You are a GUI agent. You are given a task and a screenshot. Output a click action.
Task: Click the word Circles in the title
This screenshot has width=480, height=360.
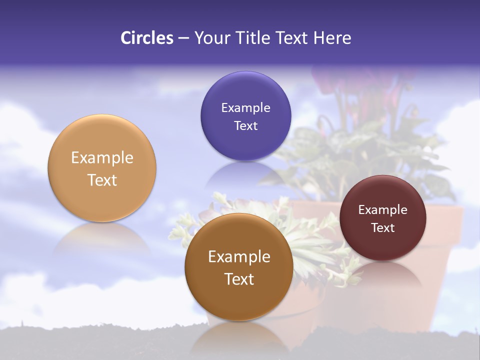point(146,38)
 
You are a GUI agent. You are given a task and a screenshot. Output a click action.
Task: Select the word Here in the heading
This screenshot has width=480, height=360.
point(332,38)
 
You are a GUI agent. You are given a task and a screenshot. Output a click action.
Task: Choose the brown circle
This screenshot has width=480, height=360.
point(239,300)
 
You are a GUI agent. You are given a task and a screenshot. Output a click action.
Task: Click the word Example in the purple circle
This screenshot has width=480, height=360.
point(245,108)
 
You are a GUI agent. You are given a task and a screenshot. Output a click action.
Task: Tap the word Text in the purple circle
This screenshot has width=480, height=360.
point(245,125)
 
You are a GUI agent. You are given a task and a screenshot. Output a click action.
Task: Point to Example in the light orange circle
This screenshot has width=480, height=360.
point(102,158)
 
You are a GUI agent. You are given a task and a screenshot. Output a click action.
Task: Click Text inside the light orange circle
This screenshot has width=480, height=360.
point(102,180)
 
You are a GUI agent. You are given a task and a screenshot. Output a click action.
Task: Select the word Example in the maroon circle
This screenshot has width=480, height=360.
point(382,210)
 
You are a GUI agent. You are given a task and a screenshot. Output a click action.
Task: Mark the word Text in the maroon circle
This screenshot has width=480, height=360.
point(382,227)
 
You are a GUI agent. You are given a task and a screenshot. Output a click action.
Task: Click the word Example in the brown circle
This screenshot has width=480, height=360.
point(239,257)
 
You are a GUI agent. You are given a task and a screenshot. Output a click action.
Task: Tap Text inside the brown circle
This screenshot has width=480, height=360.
point(239,279)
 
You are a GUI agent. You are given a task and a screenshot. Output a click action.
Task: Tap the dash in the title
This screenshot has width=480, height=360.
point(183,38)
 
